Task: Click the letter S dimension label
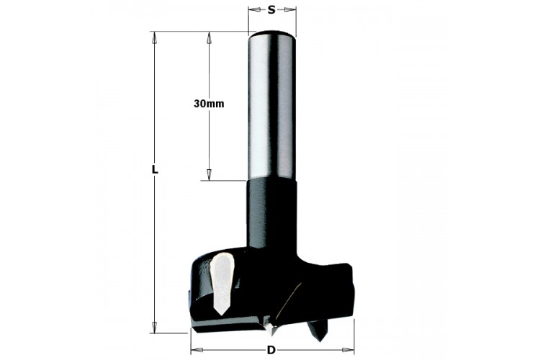point(271,10)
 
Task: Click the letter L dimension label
point(155,169)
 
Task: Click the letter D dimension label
point(271,350)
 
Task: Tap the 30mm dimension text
point(209,104)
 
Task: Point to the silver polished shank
point(272,105)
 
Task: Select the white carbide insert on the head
point(222,281)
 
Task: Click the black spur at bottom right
point(318,330)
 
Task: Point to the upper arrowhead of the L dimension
point(155,37)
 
